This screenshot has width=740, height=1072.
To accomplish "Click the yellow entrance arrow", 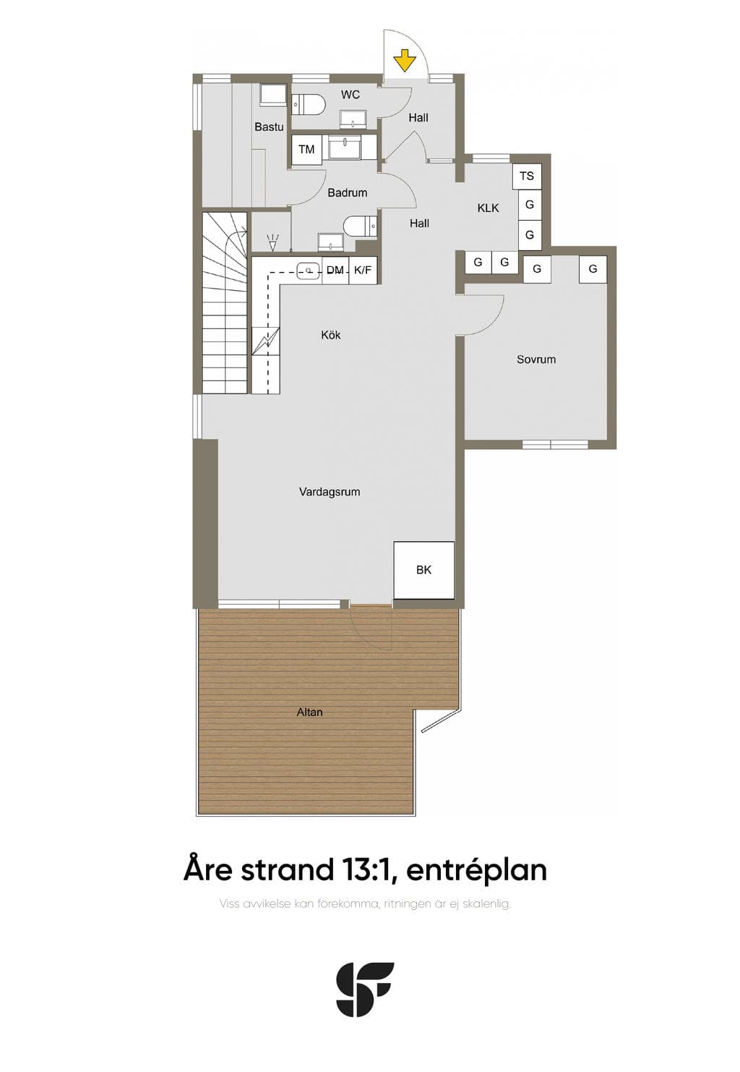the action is [x=405, y=61].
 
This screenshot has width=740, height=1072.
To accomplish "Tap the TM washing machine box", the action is [x=306, y=149].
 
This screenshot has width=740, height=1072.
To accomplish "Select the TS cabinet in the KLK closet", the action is [x=527, y=176].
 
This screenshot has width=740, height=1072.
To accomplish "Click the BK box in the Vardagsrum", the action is [x=423, y=569].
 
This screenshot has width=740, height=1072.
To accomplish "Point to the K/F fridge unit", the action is [x=363, y=271].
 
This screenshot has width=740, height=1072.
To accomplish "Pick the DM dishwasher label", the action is [x=335, y=271].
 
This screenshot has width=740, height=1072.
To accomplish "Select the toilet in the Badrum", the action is [x=360, y=226].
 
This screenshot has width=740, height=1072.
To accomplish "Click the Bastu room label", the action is [x=269, y=127].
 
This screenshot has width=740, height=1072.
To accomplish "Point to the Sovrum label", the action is [x=536, y=359].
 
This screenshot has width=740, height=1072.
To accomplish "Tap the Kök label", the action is [x=331, y=335].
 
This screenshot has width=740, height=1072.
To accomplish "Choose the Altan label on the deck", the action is [x=309, y=712].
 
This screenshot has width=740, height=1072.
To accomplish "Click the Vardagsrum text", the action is [x=330, y=491].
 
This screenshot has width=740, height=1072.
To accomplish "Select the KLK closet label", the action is [x=488, y=208].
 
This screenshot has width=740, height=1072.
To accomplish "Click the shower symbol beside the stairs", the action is [x=273, y=242].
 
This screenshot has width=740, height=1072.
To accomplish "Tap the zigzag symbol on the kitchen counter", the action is [x=266, y=341].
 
